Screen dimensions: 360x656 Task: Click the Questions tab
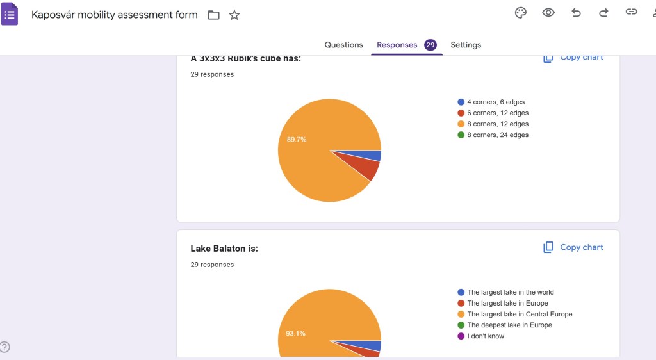(343, 45)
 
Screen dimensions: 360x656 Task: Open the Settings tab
(466, 45)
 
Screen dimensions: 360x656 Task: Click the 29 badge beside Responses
(430, 45)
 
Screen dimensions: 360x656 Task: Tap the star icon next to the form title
(234, 15)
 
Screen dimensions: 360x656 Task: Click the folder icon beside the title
(214, 15)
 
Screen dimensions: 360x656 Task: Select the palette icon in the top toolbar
(521, 13)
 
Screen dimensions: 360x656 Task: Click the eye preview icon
(548, 13)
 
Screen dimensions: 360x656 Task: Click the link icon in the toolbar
(632, 13)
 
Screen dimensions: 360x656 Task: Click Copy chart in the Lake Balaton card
(573, 247)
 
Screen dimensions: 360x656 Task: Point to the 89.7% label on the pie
(297, 140)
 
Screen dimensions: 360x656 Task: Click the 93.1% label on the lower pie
(295, 334)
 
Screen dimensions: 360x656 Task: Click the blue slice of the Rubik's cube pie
(374, 156)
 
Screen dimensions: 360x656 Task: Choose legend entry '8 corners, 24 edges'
(497, 135)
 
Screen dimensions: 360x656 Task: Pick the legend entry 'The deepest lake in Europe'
(509, 325)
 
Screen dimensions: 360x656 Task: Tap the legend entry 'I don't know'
(485, 336)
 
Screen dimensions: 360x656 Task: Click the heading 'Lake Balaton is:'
(224, 249)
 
